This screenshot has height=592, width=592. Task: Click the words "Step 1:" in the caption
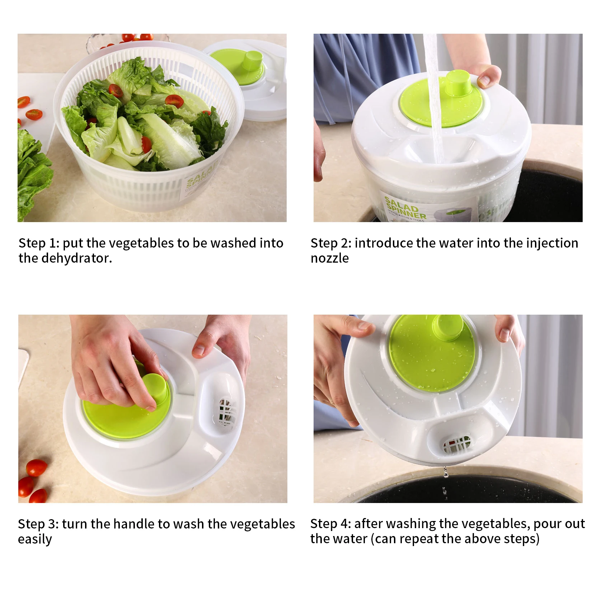(38, 243)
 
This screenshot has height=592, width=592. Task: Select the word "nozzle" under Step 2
(329, 258)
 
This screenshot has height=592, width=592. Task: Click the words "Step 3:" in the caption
(38, 524)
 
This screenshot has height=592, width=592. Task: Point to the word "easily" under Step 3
(35, 540)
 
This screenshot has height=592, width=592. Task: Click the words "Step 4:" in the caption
(330, 524)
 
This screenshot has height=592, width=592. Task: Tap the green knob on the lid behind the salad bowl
(251, 60)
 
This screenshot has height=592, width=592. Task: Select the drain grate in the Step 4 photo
(456, 445)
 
